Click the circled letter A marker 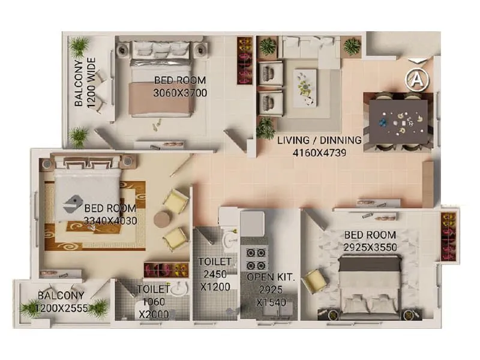coord(415,78)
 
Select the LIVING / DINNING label coord(319,140)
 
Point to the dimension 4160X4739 coord(319,152)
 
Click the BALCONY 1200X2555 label coord(61,301)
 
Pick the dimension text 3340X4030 coord(110,220)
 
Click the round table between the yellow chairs coord(161,219)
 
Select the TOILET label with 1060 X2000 coord(152,302)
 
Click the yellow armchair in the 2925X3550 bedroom coord(313,281)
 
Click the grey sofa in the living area coord(311,49)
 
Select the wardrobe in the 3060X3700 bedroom coord(244,61)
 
